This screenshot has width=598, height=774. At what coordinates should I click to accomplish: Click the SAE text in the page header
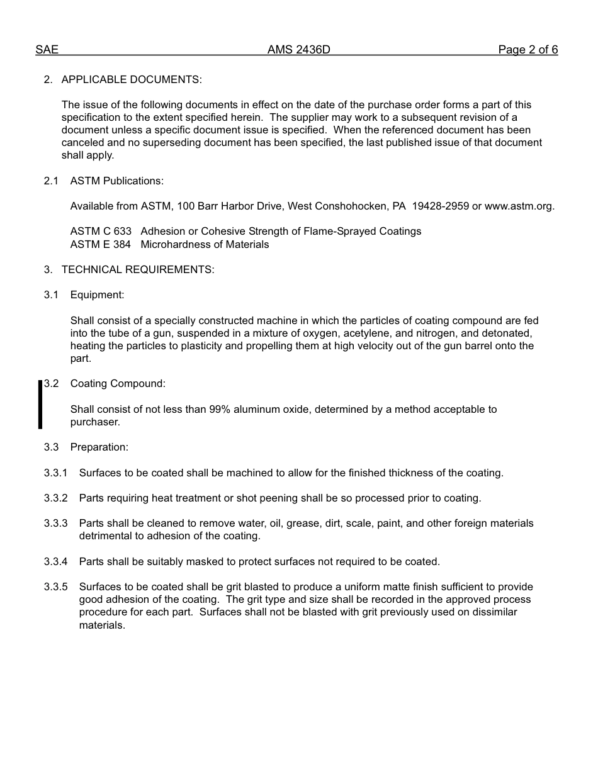[47, 50]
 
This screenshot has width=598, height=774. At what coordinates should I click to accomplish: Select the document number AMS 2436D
[298, 50]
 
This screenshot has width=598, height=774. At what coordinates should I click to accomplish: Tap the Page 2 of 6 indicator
[527, 50]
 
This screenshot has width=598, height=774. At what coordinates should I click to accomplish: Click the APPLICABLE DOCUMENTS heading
[131, 80]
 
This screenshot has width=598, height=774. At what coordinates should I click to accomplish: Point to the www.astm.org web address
[519, 206]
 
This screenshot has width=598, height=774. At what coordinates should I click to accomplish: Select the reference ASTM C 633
[101, 232]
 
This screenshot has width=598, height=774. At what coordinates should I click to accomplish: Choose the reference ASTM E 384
[101, 245]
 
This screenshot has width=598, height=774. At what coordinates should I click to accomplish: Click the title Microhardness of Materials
[205, 245]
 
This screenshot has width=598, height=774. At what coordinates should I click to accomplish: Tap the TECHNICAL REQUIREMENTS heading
[137, 270]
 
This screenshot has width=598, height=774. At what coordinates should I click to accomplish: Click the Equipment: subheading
[97, 295]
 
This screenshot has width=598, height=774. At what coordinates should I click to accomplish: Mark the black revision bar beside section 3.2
[40, 405]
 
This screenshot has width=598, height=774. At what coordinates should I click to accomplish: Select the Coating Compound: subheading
[118, 384]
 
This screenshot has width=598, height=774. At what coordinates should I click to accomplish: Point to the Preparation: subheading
[99, 447]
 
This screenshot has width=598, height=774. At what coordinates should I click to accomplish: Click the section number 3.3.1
[55, 473]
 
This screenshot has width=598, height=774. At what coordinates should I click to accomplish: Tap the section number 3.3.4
[55, 562]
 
